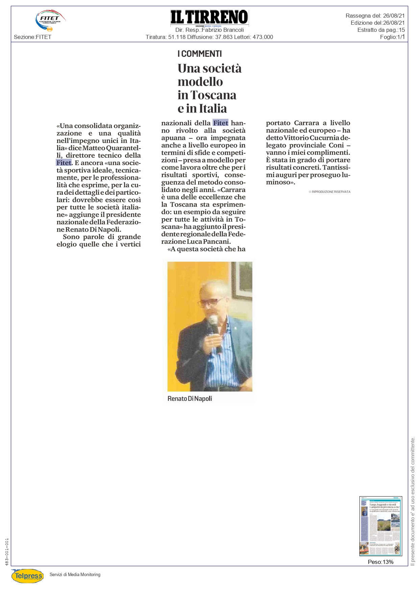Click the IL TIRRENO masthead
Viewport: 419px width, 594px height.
209,17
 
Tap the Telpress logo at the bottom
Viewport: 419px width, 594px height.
28,575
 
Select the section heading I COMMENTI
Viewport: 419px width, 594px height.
200,54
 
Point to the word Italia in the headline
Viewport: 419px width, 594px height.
213,109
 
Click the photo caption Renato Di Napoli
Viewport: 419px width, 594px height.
190,398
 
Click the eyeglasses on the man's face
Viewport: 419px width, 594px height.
211,302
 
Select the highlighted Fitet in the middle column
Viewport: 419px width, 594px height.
221,123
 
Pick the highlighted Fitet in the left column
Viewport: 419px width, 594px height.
64,163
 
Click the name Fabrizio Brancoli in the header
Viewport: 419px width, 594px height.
223,30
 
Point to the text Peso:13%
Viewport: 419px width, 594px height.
380,562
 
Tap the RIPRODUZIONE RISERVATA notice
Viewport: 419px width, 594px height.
329,192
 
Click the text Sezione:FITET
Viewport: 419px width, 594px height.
33,37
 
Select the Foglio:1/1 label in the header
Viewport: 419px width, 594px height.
392,37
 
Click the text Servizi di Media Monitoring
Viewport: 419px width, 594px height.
75,574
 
